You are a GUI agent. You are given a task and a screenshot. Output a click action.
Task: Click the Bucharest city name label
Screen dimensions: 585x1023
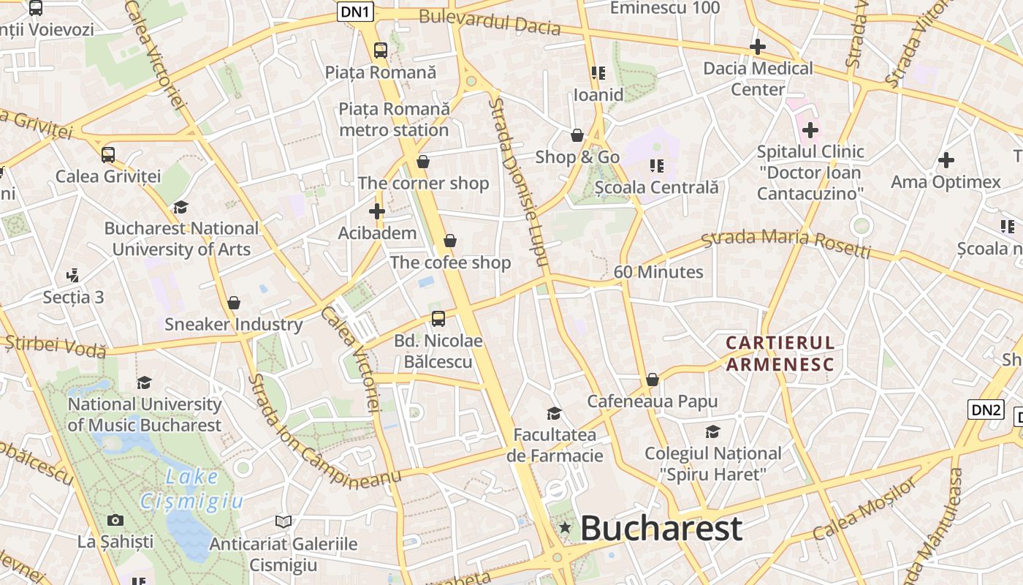pyautogui.click(x=661, y=528)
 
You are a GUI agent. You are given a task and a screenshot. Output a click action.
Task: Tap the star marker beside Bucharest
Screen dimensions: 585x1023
pyautogui.click(x=564, y=527)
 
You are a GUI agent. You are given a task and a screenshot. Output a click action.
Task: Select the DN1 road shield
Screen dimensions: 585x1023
pyautogui.click(x=356, y=11)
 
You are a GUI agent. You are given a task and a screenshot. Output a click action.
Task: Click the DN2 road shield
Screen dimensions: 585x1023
pyautogui.click(x=985, y=409)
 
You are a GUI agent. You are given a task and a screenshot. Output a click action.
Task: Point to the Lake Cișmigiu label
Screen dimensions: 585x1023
pyautogui.click(x=191, y=488)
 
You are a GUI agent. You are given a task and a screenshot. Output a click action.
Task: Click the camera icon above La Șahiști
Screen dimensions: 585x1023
pyautogui.click(x=115, y=520)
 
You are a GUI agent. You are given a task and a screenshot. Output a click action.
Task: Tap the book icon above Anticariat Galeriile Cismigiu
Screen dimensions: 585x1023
pyautogui.click(x=284, y=521)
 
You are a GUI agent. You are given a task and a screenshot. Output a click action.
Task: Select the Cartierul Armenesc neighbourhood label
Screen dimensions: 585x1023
pyautogui.click(x=780, y=353)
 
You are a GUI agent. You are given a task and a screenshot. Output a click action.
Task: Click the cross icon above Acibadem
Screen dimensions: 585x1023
pyautogui.click(x=377, y=212)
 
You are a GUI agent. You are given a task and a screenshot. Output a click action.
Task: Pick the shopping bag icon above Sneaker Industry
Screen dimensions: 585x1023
pyautogui.click(x=234, y=302)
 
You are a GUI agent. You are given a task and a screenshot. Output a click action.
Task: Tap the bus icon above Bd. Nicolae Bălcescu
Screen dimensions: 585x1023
pyautogui.click(x=438, y=318)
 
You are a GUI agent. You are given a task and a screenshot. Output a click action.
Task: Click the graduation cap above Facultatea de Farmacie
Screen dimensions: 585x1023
pyautogui.click(x=555, y=413)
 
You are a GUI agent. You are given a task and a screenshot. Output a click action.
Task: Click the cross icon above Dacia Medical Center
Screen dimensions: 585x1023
pyautogui.click(x=758, y=47)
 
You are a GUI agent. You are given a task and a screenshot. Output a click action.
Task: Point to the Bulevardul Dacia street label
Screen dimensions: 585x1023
pyautogui.click(x=490, y=23)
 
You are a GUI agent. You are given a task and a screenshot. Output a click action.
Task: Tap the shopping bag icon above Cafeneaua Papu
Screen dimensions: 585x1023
pyautogui.click(x=653, y=380)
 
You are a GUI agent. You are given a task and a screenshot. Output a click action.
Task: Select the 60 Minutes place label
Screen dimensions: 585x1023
pyautogui.click(x=658, y=272)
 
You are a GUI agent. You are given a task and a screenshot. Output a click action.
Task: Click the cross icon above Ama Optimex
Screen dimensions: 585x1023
pyautogui.click(x=946, y=159)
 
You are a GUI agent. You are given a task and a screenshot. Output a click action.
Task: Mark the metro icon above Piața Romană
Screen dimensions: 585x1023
pyautogui.click(x=381, y=50)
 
